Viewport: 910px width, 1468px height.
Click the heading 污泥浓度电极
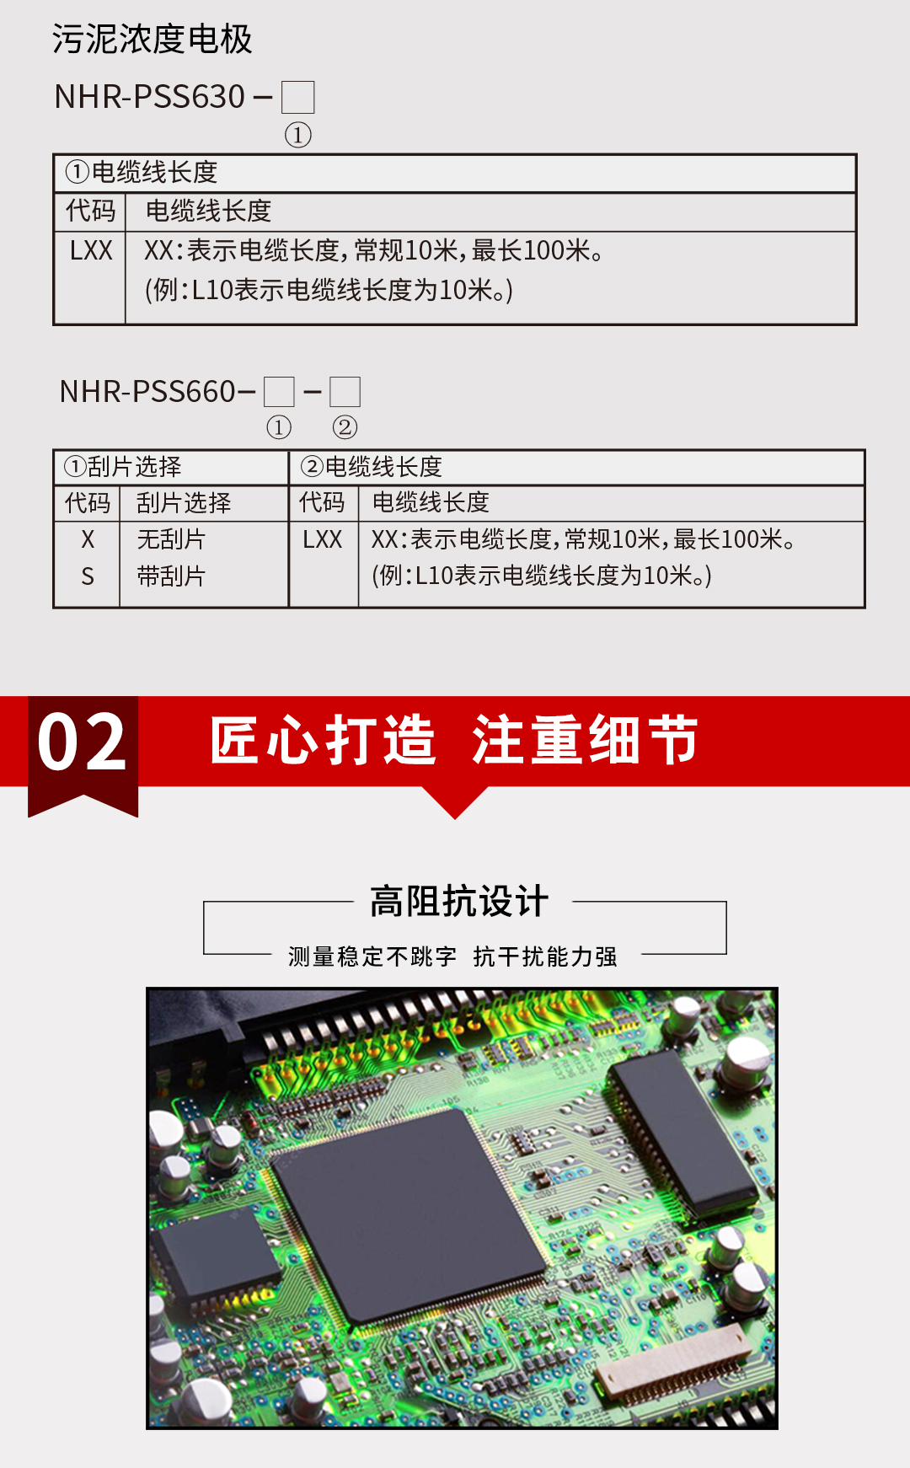coord(152,39)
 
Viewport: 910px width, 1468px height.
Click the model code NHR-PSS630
coord(149,97)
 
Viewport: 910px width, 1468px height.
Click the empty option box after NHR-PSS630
coord(297,98)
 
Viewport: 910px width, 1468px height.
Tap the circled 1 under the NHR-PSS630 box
coord(297,135)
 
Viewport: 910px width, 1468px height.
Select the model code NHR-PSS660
coord(147,392)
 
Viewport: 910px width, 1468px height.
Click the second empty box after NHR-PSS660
coord(345,392)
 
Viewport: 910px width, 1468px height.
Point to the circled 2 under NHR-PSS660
coord(345,427)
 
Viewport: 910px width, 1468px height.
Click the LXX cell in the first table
coord(91,251)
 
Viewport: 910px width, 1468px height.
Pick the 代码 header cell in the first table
coord(91,211)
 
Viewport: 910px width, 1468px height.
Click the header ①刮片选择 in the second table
coord(123,467)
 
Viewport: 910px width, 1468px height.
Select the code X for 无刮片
coord(88,539)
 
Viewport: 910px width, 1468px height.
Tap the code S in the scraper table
coord(88,576)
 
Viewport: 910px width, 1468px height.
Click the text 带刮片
coord(171,576)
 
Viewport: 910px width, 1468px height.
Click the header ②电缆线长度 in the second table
coord(372,467)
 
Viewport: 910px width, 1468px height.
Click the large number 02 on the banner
coord(82,742)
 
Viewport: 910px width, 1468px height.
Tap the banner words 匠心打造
coord(323,741)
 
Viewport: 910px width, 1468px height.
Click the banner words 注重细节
coord(585,741)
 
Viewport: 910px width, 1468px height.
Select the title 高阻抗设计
coord(459,901)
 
